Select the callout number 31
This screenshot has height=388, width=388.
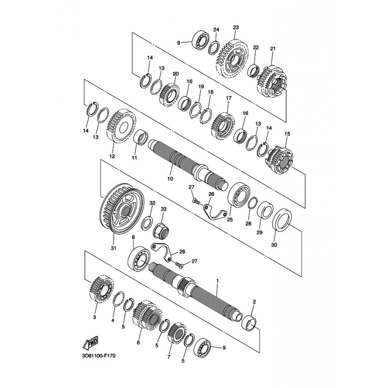click(113, 248)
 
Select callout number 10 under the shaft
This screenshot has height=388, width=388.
click(170, 178)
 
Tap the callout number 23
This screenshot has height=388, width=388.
click(236, 27)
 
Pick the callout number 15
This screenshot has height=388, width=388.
click(287, 134)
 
